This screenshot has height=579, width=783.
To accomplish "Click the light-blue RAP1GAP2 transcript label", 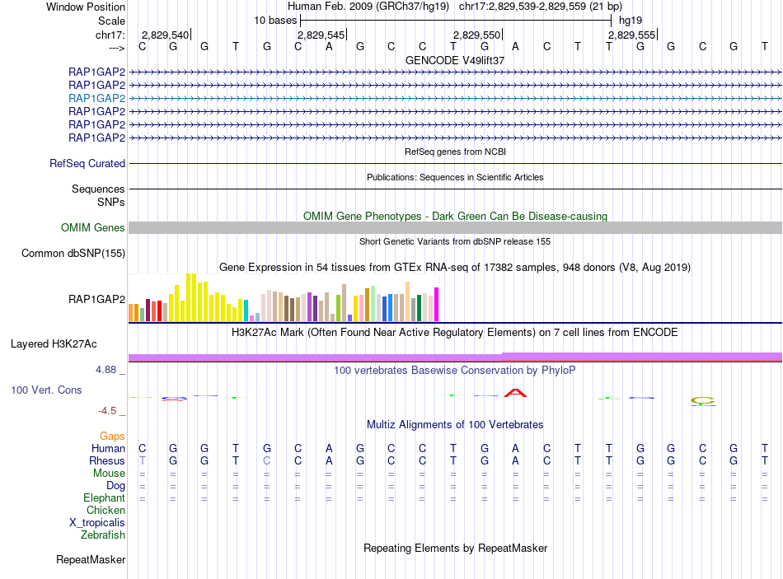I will [96, 98].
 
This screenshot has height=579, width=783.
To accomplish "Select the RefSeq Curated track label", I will [87, 164].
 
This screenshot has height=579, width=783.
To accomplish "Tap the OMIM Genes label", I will [93, 228].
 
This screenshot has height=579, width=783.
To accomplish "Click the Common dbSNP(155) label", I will [73, 254].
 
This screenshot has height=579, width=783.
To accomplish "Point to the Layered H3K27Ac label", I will [54, 343].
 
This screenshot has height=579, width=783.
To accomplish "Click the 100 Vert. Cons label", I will [46, 390].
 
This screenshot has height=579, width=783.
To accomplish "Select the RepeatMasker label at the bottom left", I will [91, 560].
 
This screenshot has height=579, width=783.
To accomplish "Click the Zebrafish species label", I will [103, 535].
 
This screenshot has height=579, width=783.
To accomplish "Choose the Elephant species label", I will [104, 498].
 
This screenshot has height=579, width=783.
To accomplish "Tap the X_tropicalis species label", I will [97, 523].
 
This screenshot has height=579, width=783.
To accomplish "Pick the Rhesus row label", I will [108, 461].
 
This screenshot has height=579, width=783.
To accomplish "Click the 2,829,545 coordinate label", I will [321, 35].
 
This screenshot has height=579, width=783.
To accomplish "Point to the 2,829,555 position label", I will [631, 35].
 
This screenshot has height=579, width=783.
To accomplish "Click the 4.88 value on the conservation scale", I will [106, 370].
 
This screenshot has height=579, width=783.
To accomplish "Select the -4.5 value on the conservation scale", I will [107, 411].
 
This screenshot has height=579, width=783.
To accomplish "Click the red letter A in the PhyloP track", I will [515, 392].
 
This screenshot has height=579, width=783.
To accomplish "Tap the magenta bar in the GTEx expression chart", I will [436, 304].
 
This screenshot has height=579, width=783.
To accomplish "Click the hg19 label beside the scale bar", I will [631, 19].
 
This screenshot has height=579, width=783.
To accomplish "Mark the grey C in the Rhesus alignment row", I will [266, 461].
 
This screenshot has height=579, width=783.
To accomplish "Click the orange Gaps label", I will [112, 436].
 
